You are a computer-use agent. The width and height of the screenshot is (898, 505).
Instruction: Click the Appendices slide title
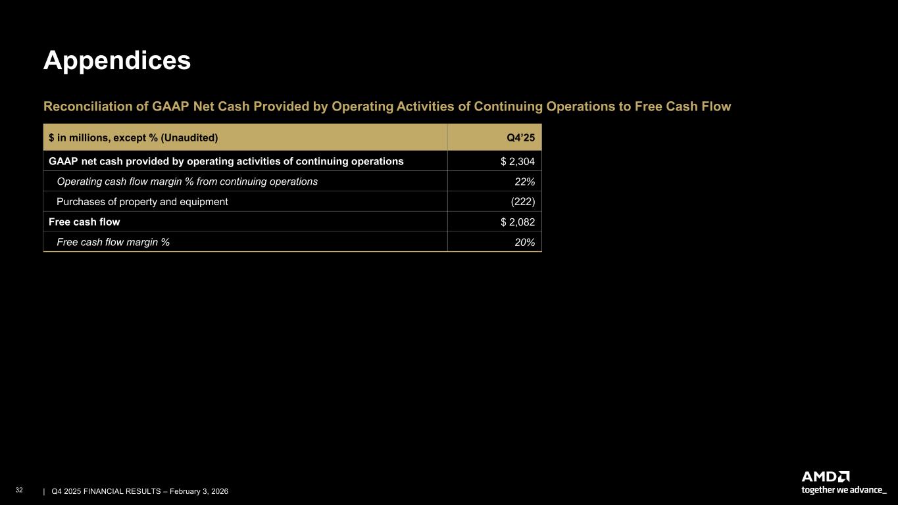point(117,60)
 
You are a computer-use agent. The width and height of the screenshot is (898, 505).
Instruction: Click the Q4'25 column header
point(521,137)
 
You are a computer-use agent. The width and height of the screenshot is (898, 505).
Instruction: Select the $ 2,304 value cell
point(517,161)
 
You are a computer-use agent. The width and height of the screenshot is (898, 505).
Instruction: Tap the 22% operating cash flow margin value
point(524,181)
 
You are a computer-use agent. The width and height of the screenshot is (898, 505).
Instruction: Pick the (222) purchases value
point(522,202)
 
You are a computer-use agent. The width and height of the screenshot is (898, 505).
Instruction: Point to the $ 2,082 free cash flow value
point(517,222)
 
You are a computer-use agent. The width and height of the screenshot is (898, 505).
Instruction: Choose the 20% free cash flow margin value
point(524,243)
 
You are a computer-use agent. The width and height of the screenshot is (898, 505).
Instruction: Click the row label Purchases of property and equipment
point(142,202)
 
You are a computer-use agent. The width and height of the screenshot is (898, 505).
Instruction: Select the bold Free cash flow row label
point(84,222)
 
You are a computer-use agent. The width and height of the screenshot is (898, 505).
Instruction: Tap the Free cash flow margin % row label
point(113,243)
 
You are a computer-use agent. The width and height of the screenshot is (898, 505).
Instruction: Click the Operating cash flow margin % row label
point(187,181)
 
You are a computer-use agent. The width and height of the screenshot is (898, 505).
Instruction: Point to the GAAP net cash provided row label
point(226,161)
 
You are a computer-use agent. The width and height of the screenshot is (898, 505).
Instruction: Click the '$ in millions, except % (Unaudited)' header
point(133,137)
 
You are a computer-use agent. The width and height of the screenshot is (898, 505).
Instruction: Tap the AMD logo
point(825,477)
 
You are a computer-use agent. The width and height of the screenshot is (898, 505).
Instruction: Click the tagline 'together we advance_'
point(843,490)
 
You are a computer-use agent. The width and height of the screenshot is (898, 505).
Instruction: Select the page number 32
point(19,491)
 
